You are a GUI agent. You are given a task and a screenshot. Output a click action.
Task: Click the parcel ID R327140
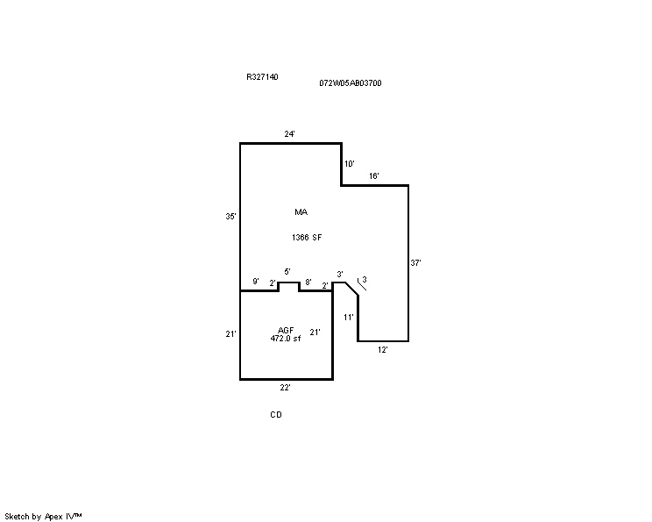click(262, 77)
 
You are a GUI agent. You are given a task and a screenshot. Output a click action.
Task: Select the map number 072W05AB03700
click(351, 83)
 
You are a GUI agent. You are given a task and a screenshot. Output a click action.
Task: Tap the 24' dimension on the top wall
click(290, 134)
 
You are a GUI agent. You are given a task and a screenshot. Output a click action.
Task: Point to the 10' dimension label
click(350, 164)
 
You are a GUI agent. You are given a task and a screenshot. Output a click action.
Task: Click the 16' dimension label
click(374, 176)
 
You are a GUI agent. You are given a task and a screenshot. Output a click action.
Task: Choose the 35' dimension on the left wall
click(230, 217)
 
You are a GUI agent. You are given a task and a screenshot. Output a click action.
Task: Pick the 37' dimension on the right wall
click(415, 262)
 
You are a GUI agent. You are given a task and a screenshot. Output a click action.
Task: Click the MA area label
click(301, 212)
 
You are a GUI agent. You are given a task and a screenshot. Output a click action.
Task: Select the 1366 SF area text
click(307, 238)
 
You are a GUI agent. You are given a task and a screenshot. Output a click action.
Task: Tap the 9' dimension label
click(256, 282)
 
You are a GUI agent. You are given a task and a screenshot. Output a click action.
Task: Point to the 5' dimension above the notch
click(287, 272)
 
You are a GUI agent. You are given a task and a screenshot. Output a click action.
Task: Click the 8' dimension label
click(308, 282)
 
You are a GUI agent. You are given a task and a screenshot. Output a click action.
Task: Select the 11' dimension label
click(349, 318)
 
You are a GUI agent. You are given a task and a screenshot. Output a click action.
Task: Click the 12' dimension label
click(383, 350)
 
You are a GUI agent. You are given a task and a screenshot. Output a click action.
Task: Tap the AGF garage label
click(286, 331)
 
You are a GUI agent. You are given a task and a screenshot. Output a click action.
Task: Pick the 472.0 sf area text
click(286, 339)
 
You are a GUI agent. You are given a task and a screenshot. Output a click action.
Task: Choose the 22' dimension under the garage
click(285, 388)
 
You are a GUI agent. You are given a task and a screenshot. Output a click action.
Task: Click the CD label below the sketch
click(276, 415)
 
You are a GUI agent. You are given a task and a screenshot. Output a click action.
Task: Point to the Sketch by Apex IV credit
click(43, 517)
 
